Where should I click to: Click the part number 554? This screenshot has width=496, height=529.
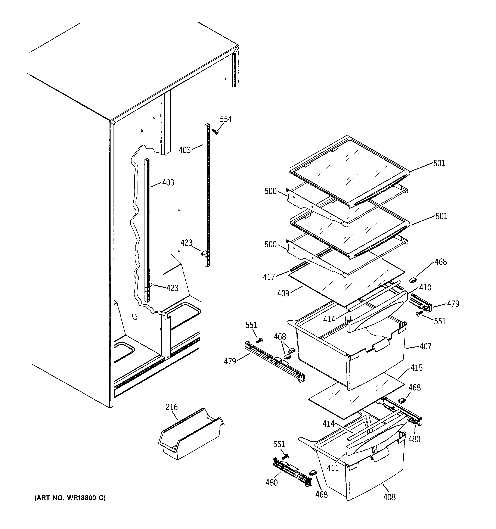226,119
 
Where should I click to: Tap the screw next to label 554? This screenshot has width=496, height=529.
215,131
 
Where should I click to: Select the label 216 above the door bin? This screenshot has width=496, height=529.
171,407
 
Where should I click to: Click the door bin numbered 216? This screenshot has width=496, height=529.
190,436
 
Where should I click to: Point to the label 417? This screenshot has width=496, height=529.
269,277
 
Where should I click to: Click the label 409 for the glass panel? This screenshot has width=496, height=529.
283,293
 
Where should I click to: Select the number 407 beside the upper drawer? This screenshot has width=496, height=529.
425,346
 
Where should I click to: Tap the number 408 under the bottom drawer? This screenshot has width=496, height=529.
389,497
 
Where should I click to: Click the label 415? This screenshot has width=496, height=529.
417,368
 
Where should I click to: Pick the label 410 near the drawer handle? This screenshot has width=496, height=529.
425,287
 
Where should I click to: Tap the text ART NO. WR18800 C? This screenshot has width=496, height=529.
70,498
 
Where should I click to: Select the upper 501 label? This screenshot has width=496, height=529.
439,163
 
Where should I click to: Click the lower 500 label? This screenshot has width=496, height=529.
270,244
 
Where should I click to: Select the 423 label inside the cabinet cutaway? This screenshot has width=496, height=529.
172,288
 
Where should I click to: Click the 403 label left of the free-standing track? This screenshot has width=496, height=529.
185,150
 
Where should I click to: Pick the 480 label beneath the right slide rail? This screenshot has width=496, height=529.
414,439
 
